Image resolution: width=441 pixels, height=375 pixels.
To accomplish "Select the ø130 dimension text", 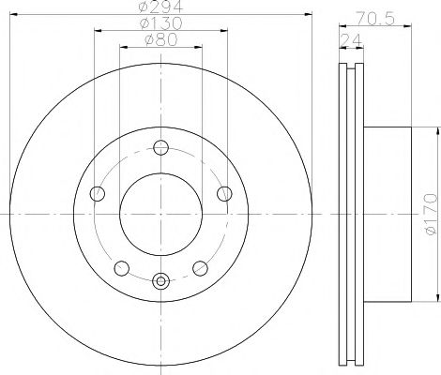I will tap(160, 22).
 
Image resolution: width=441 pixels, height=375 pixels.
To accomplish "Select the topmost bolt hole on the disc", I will tap(160, 146).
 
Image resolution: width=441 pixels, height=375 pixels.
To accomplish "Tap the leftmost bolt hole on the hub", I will tap(98, 193).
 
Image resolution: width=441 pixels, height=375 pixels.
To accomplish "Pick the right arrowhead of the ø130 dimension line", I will tap(224, 29).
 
